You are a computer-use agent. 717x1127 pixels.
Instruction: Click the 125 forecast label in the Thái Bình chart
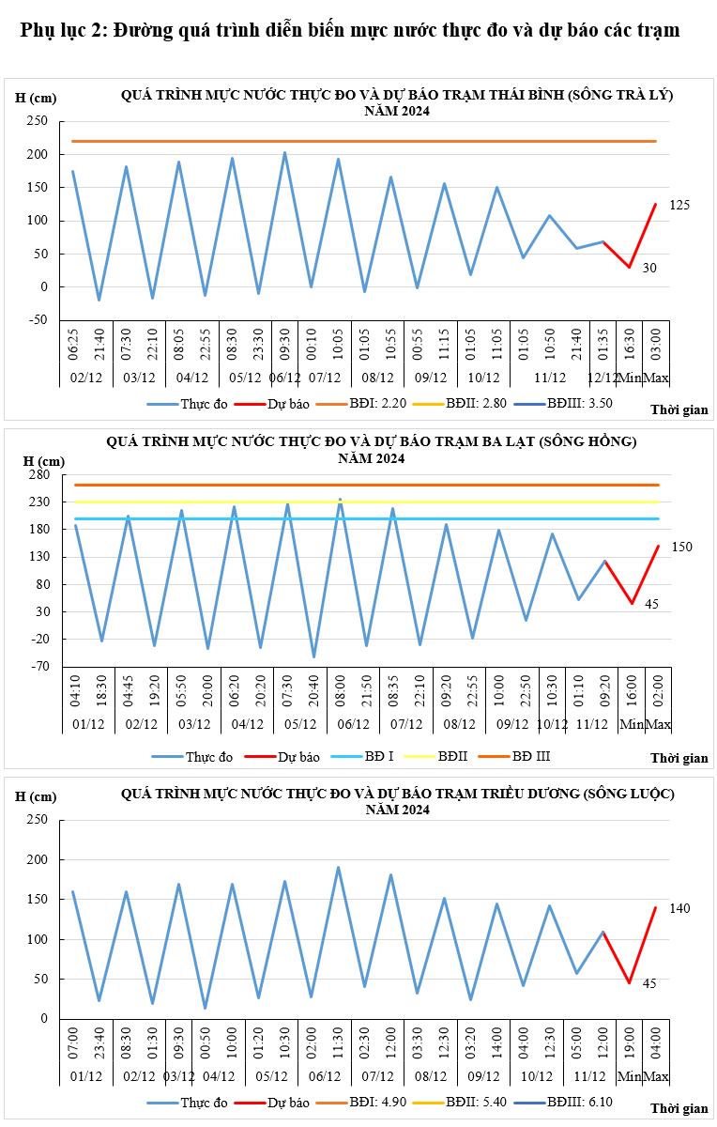(x=679, y=205)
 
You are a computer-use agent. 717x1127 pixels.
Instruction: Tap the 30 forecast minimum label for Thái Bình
(x=649, y=268)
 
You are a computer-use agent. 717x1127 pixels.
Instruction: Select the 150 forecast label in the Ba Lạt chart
(x=681, y=547)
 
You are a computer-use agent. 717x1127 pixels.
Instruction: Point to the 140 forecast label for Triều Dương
(x=679, y=908)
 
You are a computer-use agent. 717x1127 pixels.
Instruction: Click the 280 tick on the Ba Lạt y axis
(x=40, y=474)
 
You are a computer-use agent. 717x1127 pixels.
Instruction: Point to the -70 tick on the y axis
(x=40, y=667)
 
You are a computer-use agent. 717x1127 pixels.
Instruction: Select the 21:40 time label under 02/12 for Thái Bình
(x=99, y=345)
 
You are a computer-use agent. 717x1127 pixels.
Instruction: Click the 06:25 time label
(x=73, y=345)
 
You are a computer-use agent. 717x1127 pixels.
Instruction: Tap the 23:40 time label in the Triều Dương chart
(x=99, y=1043)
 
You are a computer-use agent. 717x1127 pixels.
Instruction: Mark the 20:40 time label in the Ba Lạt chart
(x=313, y=691)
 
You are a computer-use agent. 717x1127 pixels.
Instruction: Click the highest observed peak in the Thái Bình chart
(x=284, y=152)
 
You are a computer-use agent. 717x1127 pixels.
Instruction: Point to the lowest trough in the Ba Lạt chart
(x=313, y=656)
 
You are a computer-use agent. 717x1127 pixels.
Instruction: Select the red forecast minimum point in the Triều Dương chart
(x=629, y=982)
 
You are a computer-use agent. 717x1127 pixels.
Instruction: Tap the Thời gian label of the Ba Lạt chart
(x=679, y=758)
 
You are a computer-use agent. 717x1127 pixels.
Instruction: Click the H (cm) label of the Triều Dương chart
(x=36, y=796)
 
